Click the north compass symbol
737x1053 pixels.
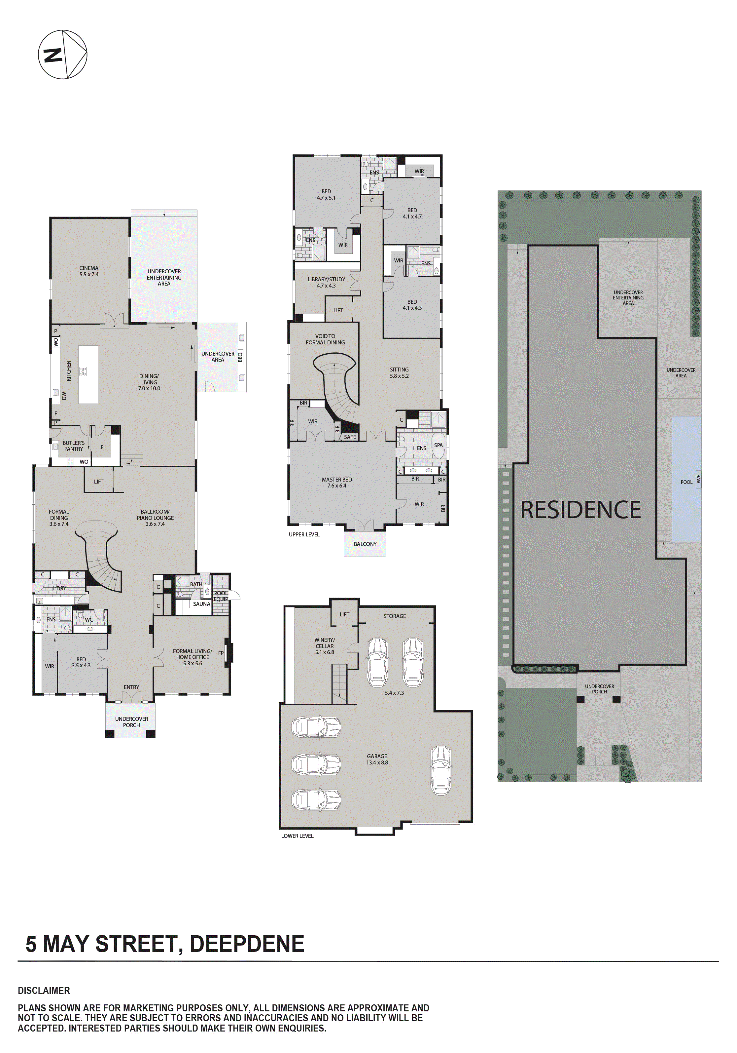pos(62,55)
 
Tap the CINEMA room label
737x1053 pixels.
pos(89,271)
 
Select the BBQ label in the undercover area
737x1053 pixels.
pos(240,357)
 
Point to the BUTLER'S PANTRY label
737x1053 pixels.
pos(73,446)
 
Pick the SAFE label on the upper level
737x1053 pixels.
pos(350,437)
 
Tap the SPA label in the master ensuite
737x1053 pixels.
pos(438,445)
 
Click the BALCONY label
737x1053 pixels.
pos(365,544)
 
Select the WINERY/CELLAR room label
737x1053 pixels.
pos(325,646)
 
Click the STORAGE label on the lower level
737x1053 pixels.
pos(395,616)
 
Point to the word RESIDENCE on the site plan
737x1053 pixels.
pos(580,510)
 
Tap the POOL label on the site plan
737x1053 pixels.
pos(686,482)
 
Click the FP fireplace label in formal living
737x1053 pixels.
pos(221,653)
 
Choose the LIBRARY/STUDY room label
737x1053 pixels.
pos(326,282)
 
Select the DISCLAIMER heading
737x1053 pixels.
pos(44,991)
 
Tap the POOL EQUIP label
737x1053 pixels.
pos(221,596)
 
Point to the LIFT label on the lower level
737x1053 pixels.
pos(344,614)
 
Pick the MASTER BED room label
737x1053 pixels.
pos(337,483)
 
